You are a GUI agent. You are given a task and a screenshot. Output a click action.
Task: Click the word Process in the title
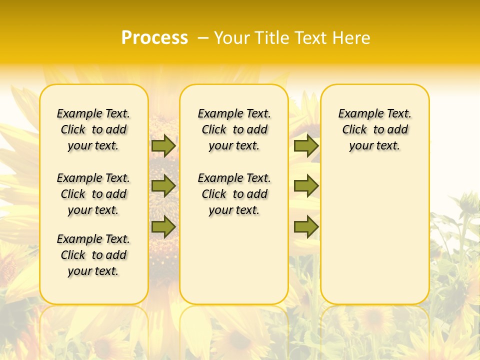click(x=154, y=38)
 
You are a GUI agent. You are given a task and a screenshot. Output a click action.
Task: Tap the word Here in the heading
click(x=352, y=38)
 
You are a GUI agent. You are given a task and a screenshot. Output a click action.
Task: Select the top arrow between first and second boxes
click(x=163, y=145)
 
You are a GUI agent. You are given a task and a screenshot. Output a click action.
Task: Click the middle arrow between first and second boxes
click(x=163, y=186)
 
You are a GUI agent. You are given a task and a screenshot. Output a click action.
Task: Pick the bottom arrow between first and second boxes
click(x=163, y=226)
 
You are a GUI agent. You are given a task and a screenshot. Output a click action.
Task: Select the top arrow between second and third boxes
click(x=306, y=145)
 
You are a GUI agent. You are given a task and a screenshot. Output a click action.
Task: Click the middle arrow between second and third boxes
click(x=306, y=186)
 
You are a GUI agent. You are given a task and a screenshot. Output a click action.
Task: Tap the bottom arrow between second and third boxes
click(x=306, y=226)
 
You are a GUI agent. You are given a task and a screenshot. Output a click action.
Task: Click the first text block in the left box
click(x=93, y=129)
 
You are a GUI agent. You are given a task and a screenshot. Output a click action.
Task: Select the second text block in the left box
click(x=93, y=194)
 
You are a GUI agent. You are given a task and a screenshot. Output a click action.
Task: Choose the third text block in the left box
click(x=93, y=255)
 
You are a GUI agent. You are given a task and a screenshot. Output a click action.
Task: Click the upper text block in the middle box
click(x=234, y=129)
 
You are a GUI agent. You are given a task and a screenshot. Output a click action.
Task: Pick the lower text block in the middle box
click(x=234, y=194)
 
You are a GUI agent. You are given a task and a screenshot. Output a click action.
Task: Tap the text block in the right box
click(x=374, y=129)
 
